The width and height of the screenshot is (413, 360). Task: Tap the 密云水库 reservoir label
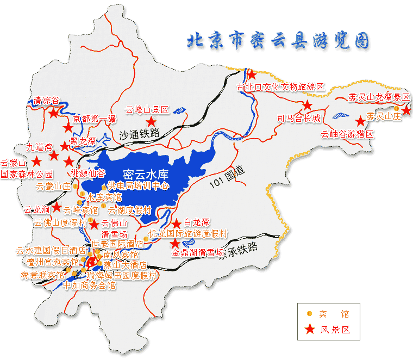click(146, 175)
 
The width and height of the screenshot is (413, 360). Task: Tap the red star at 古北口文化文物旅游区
click(251, 76)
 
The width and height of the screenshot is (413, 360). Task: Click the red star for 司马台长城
click(308, 105)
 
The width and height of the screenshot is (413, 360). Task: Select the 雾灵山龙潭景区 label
click(379, 97)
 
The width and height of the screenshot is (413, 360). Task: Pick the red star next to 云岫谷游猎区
click(360, 121)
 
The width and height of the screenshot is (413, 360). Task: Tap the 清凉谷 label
click(46, 101)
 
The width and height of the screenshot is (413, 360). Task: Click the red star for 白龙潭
click(177, 224)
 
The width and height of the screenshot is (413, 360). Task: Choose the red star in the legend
click(310, 329)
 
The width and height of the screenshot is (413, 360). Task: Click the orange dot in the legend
click(310, 314)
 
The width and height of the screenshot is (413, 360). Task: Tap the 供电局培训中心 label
click(138, 185)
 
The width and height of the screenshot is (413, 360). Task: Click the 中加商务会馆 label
click(90, 284)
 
